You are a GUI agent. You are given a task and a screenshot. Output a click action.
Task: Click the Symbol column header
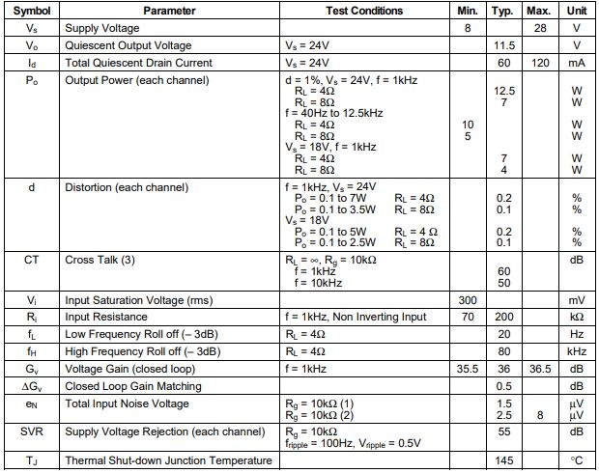coord(32,11)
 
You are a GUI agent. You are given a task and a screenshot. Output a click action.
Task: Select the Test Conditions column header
coord(364,11)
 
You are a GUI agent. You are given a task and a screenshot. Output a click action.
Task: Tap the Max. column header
coord(538,11)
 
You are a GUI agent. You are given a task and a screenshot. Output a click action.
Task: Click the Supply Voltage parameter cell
coord(100,28)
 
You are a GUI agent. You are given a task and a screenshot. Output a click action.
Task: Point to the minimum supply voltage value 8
coord(468,28)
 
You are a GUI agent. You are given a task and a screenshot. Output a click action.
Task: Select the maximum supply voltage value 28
coord(538,28)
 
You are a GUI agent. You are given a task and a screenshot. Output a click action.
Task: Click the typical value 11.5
coord(502,45)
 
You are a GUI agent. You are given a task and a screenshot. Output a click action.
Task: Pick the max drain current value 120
coord(538,63)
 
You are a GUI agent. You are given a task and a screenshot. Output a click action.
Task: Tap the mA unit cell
coord(576,63)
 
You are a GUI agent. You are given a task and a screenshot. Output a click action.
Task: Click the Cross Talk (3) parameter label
coord(99,260)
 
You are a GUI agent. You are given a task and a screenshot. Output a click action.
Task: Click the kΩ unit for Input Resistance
coord(576,317)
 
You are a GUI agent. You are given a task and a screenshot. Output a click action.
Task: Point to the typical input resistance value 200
coord(502,317)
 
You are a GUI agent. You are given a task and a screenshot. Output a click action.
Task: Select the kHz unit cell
coord(576,351)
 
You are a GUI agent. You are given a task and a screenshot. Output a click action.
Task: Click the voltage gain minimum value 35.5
coord(468,369)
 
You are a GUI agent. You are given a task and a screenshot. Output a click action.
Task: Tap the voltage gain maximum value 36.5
coord(538,369)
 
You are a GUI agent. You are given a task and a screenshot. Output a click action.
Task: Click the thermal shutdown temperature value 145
coord(502,461)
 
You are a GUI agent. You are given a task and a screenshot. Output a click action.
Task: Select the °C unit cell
coord(576,461)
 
